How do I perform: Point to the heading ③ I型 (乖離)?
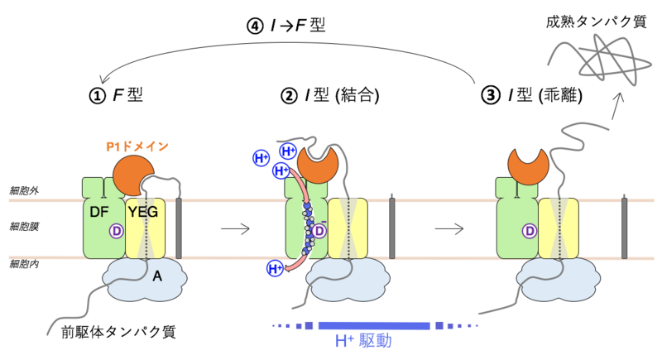[x=534, y=95]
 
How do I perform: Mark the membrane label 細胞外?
[x=24, y=190]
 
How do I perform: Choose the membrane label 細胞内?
[x=24, y=263]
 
